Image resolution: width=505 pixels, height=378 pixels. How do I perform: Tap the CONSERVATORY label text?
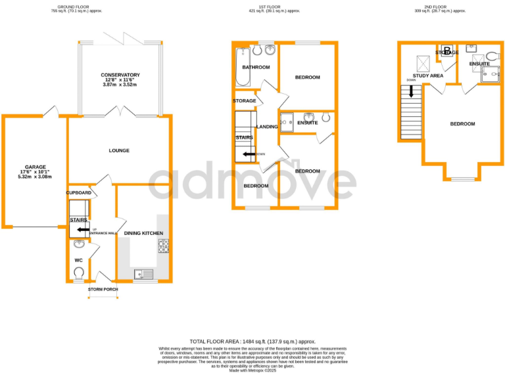pos(120,74)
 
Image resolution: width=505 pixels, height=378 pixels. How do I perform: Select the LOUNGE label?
pos(119,150)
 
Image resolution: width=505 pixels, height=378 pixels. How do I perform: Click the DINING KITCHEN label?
pos(143,233)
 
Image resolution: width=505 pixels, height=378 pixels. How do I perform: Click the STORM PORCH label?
pos(103,289)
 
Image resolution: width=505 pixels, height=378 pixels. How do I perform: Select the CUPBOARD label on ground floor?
pos(78,193)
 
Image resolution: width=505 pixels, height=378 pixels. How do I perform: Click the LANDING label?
pos(267,127)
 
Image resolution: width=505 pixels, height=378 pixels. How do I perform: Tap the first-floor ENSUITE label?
pos(307,123)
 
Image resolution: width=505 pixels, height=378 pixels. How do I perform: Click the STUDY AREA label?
pos(427,75)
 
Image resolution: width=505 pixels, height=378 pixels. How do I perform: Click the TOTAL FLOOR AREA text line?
pos(252,341)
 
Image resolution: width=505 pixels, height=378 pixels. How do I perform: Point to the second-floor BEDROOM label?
pos(462,123)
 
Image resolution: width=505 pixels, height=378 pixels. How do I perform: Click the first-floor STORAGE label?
pos(244,100)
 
